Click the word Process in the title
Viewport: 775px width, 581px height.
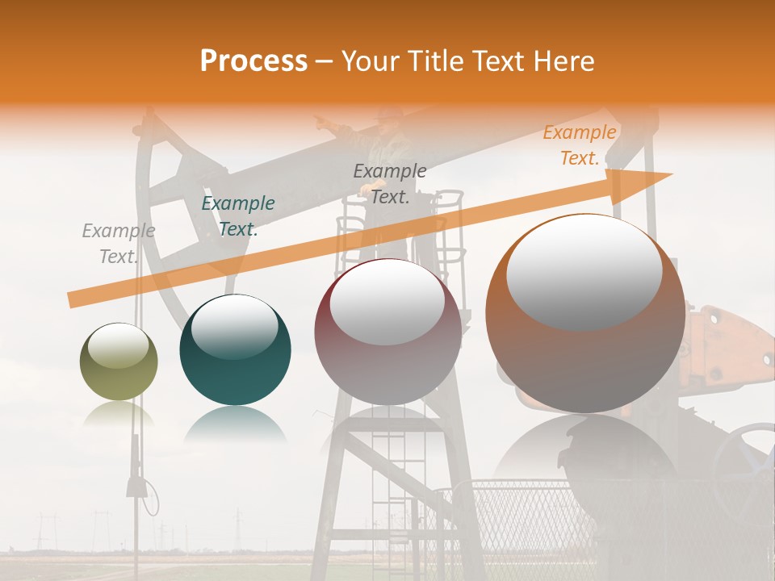(253, 61)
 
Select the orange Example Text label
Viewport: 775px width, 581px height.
(579, 145)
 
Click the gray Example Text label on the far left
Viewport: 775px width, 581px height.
(118, 244)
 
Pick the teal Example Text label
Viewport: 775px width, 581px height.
(237, 216)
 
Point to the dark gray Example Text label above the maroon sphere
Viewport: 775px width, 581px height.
(390, 184)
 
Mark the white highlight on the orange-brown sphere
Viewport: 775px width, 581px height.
(584, 270)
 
